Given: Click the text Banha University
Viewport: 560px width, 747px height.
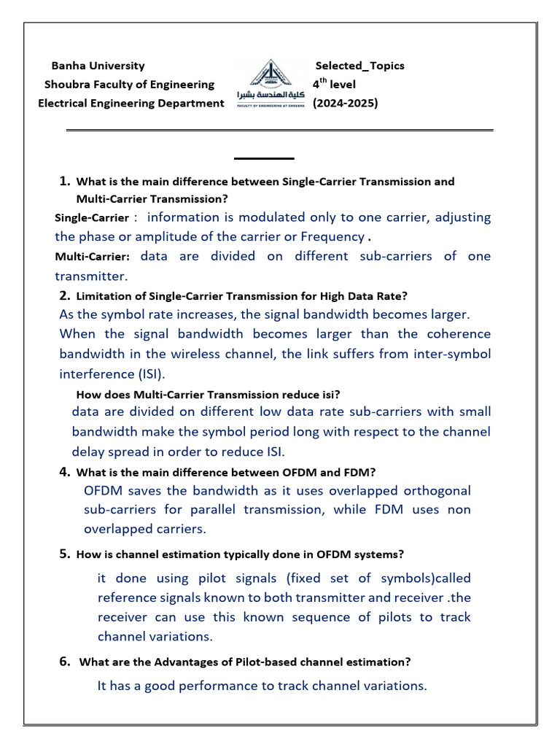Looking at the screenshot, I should coord(98,66).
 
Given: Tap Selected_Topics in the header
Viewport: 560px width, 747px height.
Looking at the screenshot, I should coord(359,66).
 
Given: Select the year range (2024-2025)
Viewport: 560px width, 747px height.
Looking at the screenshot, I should coord(345,104).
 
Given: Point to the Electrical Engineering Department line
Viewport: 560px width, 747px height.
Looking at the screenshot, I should coord(131,104).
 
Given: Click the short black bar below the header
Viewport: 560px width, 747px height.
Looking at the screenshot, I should coord(264,158).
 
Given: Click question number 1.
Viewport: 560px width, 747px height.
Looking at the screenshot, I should coord(65,181).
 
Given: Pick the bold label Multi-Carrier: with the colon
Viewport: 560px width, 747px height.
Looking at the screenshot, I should coord(93,257).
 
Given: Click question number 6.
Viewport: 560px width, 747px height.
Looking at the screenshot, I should coord(65,662).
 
